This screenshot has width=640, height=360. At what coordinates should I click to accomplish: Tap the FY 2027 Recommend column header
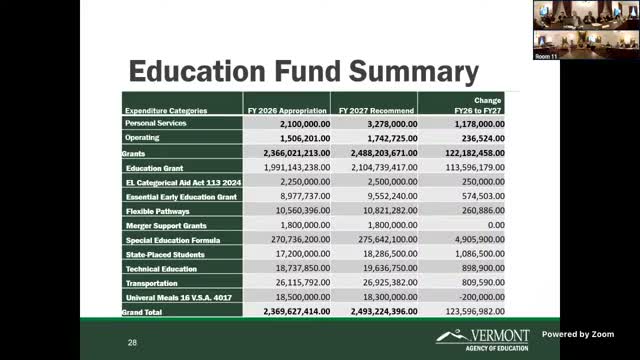click(376, 110)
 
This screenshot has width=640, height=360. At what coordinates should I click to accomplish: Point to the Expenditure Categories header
click(166, 110)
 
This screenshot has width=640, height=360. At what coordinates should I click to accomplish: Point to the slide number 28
click(132, 342)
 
